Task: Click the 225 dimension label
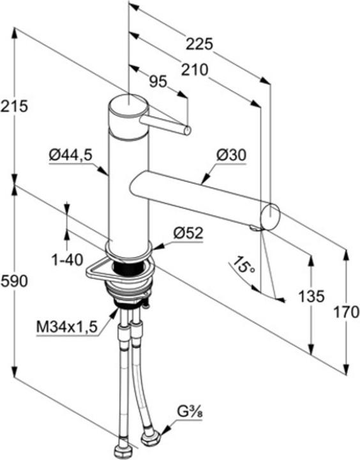199,45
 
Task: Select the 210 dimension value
195,70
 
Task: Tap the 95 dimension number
158,82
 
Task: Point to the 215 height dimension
14,106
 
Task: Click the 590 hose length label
15,281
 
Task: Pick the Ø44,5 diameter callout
71,155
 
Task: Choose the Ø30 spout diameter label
231,155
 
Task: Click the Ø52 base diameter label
188,233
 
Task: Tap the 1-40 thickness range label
68,259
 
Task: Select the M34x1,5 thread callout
66,327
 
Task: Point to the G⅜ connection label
190,413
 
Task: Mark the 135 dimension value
311,296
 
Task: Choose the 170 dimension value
347,312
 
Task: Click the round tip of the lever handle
188,130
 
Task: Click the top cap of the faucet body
128,103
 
